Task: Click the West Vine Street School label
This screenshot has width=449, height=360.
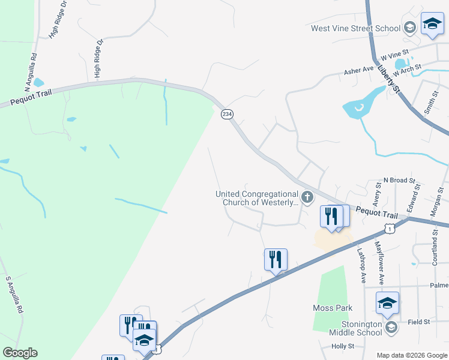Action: (355, 28)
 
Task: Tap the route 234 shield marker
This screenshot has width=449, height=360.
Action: (227, 114)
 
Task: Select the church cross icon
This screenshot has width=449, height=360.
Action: (307, 197)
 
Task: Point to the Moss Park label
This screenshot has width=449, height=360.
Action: (333, 308)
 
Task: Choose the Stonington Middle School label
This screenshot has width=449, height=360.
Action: (355, 328)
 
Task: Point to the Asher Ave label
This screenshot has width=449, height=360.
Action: (359, 70)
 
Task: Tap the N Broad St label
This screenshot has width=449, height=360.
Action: (400, 180)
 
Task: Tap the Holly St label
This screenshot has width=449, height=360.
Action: (343, 346)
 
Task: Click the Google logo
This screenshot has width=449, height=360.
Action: (20, 353)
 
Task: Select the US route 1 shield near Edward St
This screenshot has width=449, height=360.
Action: (390, 228)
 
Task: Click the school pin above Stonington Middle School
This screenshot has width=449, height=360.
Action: (387, 303)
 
